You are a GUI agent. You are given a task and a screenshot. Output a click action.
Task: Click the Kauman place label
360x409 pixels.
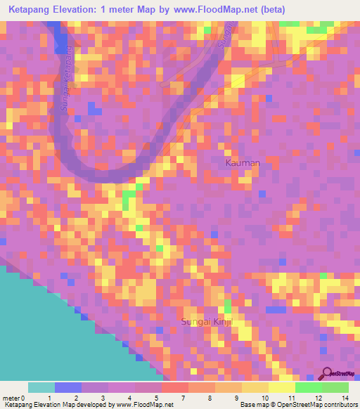tap(243, 163)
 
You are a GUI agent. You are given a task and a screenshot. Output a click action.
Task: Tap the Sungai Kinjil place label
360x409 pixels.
tap(207, 321)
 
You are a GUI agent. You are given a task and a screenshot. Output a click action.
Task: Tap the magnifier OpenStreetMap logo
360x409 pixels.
tap(328, 374)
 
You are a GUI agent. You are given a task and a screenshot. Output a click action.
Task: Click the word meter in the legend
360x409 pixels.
tap(10, 397)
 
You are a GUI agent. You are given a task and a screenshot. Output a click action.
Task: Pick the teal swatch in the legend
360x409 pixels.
tap(41, 387)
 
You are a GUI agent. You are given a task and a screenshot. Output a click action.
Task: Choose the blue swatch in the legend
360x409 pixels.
tap(68, 387)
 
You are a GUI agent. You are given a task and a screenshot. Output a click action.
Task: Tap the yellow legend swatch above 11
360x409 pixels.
tap(282, 387)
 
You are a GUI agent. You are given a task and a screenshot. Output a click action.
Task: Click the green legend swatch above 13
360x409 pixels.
tap(335, 387)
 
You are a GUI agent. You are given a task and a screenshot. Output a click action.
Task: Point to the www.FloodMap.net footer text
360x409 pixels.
tap(144, 405)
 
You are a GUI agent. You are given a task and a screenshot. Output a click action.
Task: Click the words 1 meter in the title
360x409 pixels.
tap(136, 10)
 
